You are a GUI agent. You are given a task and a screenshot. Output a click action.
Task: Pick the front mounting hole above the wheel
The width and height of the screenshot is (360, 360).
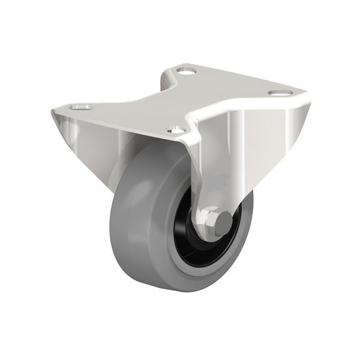coord(176,128)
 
